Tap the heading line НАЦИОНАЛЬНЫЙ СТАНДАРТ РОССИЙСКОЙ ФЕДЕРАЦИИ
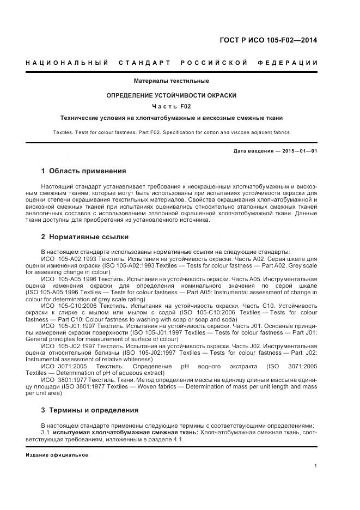click(x=172, y=63)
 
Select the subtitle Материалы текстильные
click(x=172, y=81)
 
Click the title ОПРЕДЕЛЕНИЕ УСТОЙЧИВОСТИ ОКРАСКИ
click(x=172, y=95)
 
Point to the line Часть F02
click(x=172, y=106)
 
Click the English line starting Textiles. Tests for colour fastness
click(x=172, y=132)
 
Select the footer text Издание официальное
click(x=57, y=454)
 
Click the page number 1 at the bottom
click(x=316, y=466)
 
